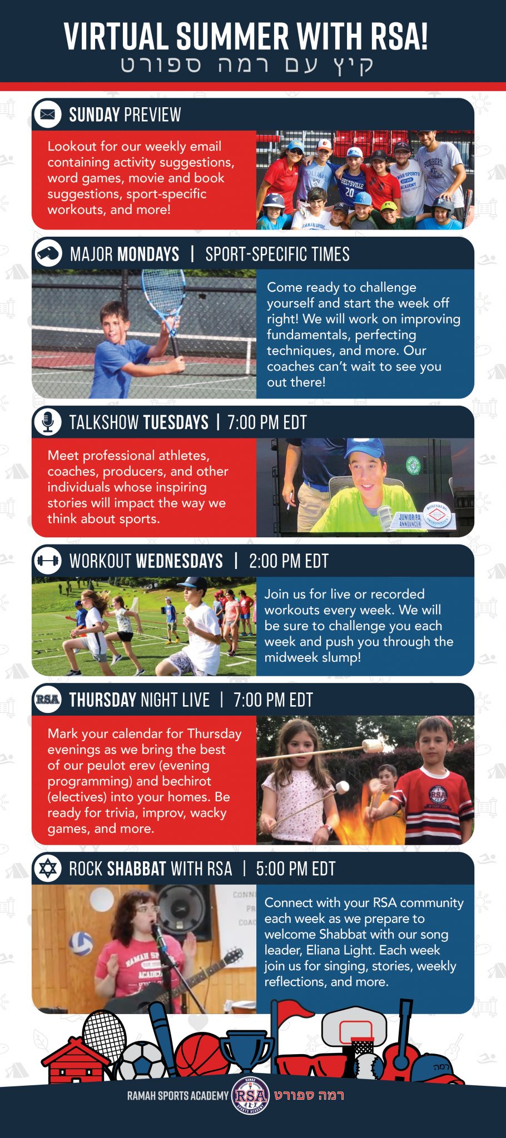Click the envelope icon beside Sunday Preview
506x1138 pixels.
[x=48, y=114]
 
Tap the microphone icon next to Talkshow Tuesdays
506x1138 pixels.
[x=48, y=422]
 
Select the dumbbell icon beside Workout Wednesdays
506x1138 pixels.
[x=48, y=561]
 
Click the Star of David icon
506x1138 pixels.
[x=48, y=869]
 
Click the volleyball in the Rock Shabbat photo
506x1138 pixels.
[x=81, y=943]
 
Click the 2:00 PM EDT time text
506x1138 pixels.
[x=289, y=561]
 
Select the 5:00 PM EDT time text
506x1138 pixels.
[x=295, y=869]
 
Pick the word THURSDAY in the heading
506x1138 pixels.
[x=103, y=700]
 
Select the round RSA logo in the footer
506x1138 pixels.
[x=250, y=1095]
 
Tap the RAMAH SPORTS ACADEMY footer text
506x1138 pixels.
[x=178, y=1096]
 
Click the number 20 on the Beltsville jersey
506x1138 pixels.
[x=349, y=192]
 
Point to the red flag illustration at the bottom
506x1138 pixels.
[x=294, y=1012]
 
